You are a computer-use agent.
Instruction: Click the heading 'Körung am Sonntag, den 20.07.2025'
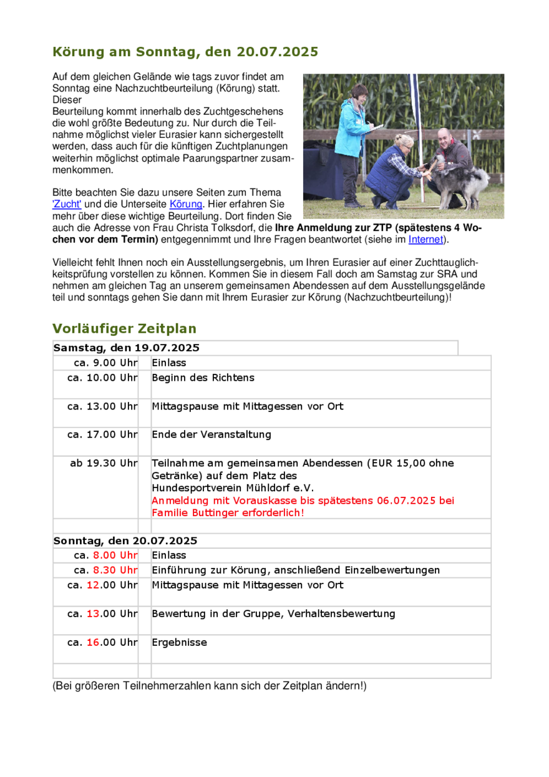(185, 52)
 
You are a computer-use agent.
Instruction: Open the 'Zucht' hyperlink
(67, 204)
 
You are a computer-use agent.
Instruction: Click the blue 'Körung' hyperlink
(186, 204)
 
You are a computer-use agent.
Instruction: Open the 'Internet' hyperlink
(426, 239)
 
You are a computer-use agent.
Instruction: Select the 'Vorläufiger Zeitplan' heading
(124, 329)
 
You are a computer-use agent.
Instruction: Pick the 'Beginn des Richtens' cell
(203, 378)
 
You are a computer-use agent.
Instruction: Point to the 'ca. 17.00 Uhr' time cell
(102, 434)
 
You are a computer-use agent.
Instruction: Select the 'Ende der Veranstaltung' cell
(211, 434)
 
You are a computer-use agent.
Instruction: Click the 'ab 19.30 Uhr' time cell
(104, 463)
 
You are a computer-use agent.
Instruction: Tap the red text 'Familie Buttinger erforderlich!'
(228, 513)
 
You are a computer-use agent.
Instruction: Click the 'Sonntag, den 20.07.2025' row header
(125, 540)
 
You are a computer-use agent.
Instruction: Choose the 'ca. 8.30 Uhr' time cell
(105, 570)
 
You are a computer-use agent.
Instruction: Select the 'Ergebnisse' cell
(179, 642)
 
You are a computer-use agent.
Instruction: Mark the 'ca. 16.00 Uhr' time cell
(102, 642)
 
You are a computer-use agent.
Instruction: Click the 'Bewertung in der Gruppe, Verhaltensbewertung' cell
(273, 613)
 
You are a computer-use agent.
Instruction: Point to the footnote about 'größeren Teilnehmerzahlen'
(210, 687)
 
